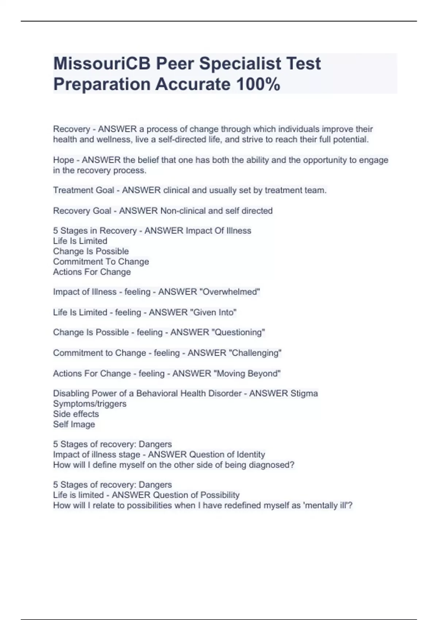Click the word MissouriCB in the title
point(102,64)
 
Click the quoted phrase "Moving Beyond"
point(247,373)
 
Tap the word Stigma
point(304,394)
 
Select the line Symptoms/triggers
point(90,404)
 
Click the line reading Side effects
point(76,414)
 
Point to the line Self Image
point(74,424)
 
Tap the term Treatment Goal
point(84,190)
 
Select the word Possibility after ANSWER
point(219,495)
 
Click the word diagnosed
point(273,465)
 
